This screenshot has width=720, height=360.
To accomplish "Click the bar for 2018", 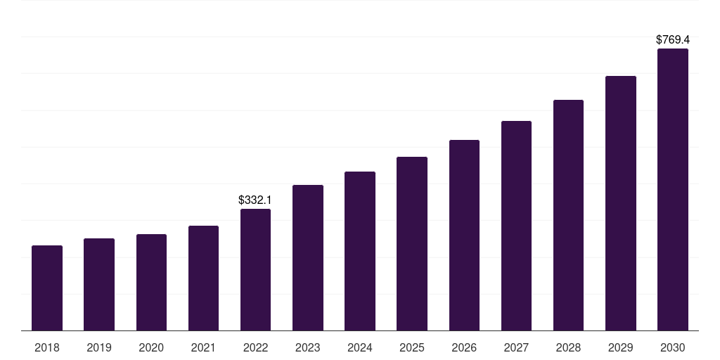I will coord(47,288).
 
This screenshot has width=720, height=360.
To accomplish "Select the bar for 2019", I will coord(99,284).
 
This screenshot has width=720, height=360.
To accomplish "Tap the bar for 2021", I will coord(203,278).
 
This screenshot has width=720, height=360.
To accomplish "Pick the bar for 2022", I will coord(255,269).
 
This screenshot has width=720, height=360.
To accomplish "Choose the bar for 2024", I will coord(360,251).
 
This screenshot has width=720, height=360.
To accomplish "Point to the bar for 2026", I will coord(464,235).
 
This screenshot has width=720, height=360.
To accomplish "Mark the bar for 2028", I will coord(568,215).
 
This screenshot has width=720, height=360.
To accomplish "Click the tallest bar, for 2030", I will coord(673,189).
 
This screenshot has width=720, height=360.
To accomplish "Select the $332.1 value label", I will coord(255,200).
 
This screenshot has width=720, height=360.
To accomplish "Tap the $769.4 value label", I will coord(673,40).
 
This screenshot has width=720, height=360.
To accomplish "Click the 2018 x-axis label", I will coord(47,347).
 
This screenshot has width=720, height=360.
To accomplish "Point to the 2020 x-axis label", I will coord(151,347).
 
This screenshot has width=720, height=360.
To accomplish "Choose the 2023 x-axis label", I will coord(308,347).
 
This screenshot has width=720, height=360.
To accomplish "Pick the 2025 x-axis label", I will coord(412,347).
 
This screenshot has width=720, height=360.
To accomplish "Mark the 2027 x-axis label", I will coord(516,347).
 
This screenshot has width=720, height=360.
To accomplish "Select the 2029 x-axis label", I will coord(621,347).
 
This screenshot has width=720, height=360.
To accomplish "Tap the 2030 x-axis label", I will coord(673,347).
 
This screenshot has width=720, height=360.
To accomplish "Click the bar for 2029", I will coord(621,203).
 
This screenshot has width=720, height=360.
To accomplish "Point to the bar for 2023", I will coord(308,257).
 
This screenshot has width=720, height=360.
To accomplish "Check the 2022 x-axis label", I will coord(255,347).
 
